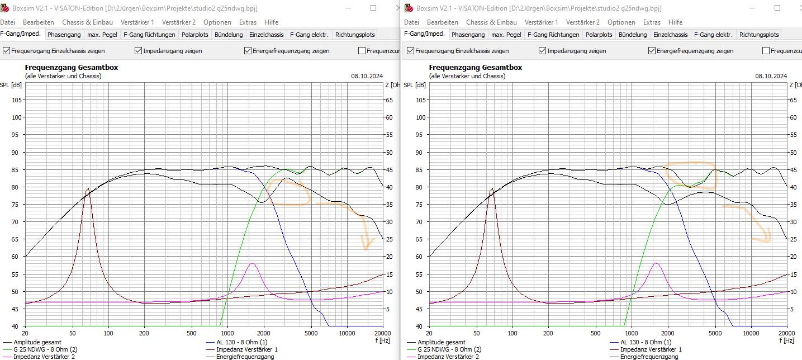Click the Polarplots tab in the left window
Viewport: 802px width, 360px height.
click(194, 35)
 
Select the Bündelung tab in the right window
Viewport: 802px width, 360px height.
click(633, 35)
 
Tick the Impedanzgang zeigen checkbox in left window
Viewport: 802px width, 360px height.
click(139, 51)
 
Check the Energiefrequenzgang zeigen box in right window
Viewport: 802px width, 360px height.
click(652, 51)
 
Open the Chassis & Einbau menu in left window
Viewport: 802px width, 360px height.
click(87, 22)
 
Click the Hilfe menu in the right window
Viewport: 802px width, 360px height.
click(675, 22)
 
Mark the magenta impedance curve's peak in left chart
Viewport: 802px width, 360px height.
click(253, 263)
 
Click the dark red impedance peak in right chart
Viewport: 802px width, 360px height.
click(492, 188)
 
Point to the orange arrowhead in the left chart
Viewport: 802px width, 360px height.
click(366, 246)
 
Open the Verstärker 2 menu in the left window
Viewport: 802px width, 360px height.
click(178, 22)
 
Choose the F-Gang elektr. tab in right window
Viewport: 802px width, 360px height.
click(713, 35)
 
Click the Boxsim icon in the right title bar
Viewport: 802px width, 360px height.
click(410, 8)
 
